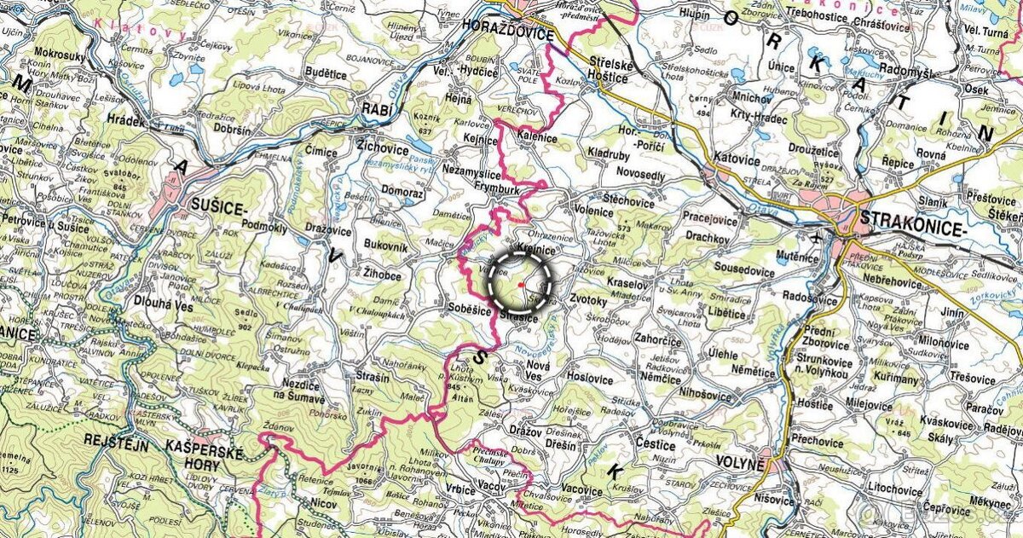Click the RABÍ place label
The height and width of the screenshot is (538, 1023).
pyautogui.click(x=377, y=108)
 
